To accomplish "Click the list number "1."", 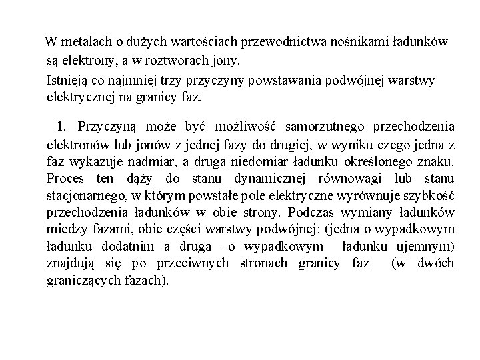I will point(63,126).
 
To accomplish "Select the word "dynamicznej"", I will point(274,179).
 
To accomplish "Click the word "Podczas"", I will point(312,213).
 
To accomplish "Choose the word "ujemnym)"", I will point(427,247).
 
